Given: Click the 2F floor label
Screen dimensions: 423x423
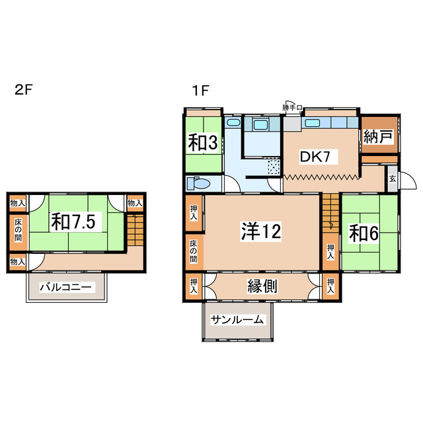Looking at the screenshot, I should coord(22,91).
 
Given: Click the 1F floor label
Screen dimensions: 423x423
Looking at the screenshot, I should coord(202,91).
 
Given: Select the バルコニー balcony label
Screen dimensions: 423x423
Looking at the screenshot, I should coord(65,288).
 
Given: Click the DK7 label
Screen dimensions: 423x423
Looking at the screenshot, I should coord(319,157).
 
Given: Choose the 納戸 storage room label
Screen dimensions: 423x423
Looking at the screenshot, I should coord(378,137).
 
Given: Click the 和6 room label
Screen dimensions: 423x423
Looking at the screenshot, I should coord(364,233).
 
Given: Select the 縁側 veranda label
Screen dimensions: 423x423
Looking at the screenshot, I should coord(262,286).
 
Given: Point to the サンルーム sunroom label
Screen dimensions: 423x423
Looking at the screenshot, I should coord(237,320).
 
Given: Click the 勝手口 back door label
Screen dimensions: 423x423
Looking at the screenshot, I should coord(291,107).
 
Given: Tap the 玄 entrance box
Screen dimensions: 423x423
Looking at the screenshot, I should coord(392,178).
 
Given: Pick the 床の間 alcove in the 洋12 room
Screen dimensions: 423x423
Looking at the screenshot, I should coord(194,250).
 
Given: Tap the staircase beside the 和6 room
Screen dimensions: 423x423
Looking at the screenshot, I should coord(330,211).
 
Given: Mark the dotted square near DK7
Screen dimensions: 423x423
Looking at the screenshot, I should coord(273,168).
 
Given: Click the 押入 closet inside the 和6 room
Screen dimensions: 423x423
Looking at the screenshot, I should coord(330,251).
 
